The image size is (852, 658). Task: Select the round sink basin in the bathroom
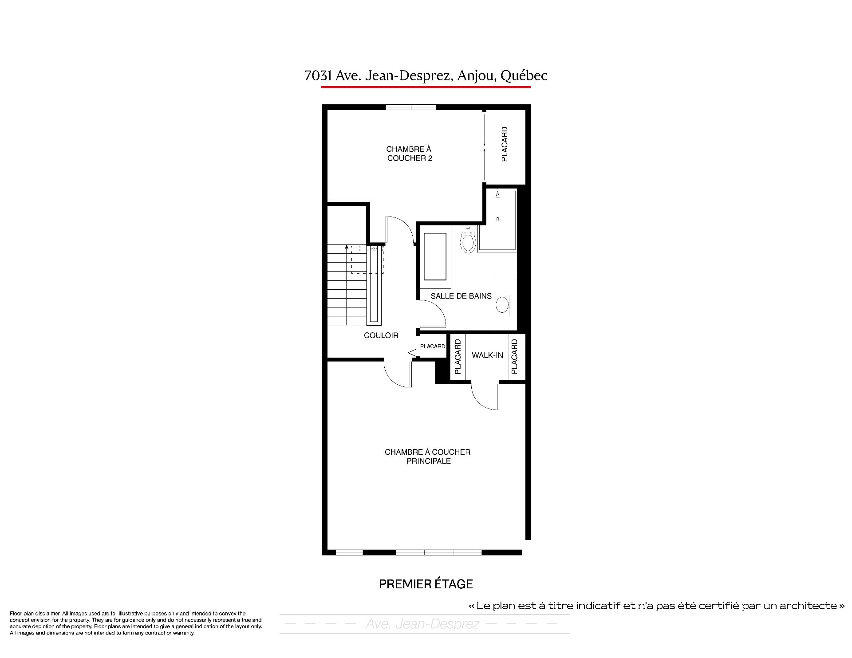click(x=502, y=305)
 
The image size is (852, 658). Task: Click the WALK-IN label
click(x=487, y=355)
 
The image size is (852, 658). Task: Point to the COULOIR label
click(x=381, y=335)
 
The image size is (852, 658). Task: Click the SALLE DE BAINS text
click(x=461, y=296)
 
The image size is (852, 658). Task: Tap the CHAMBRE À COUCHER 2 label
click(x=409, y=154)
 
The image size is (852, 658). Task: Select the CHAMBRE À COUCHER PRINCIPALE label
click(x=427, y=457)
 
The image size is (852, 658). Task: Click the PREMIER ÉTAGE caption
click(x=426, y=584)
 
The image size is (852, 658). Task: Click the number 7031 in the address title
click(x=318, y=76)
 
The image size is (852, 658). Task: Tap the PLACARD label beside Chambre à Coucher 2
click(x=505, y=144)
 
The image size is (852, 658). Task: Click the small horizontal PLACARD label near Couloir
click(x=433, y=347)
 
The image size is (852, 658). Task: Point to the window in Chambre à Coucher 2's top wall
click(x=411, y=107)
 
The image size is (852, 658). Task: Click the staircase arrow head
click(x=346, y=247)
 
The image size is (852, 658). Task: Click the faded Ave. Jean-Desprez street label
click(x=422, y=624)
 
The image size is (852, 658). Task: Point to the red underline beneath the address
click(x=426, y=87)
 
